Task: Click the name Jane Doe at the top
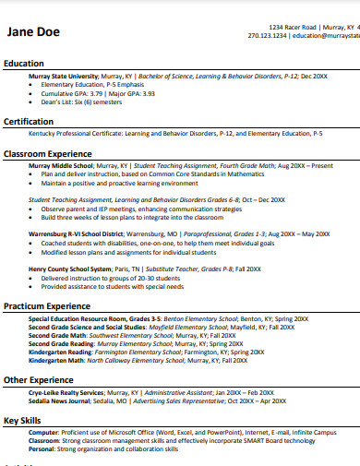tap(33, 32)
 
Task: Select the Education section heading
tap(24, 64)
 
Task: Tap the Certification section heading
tap(29, 122)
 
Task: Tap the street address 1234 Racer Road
tap(293, 28)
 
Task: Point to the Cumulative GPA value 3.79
tap(100, 93)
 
